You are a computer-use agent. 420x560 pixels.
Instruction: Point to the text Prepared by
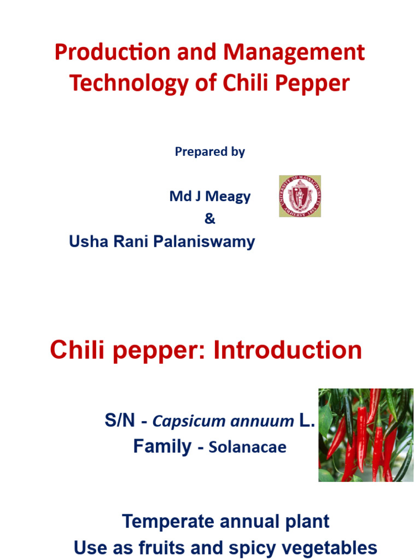pyautogui.click(x=209, y=152)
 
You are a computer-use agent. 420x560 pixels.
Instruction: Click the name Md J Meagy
pyautogui.click(x=209, y=197)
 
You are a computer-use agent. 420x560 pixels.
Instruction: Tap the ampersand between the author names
pyautogui.click(x=209, y=219)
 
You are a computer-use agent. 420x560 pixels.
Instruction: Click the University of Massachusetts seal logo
pyautogui.click(x=300, y=196)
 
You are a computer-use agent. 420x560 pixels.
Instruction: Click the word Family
pyautogui.click(x=162, y=446)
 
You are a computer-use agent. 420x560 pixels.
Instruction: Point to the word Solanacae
pyautogui.click(x=248, y=447)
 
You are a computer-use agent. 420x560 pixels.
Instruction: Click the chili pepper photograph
pyautogui.click(x=366, y=435)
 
